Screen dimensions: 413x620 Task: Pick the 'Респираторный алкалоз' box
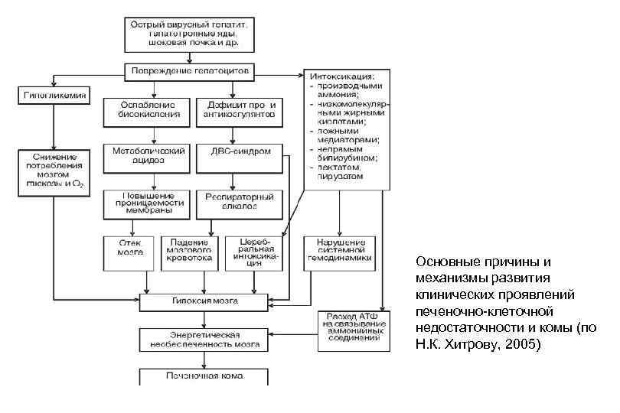point(240,201)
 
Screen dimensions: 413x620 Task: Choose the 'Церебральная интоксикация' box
point(253,253)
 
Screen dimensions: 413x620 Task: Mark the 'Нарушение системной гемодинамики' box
point(338,253)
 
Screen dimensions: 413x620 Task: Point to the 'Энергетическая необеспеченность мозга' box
point(204,340)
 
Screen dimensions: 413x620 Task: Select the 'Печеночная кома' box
point(204,376)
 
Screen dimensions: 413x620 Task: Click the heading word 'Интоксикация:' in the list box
point(341,76)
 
